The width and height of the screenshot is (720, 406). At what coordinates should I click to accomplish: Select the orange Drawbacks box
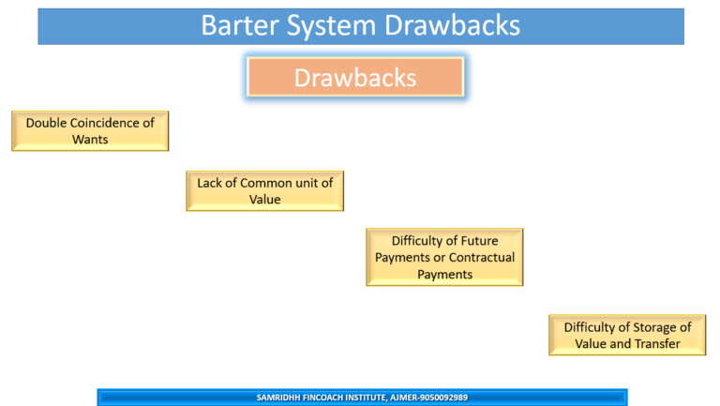355,77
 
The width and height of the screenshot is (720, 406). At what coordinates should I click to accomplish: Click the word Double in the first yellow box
46,123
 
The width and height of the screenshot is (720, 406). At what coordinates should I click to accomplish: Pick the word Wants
90,140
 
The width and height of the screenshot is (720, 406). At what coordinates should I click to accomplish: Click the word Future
478,241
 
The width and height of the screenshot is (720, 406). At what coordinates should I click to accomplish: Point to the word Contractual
482,258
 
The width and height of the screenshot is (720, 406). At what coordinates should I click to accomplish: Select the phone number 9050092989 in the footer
438,398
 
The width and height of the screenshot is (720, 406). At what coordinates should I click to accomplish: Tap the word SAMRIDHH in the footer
281,398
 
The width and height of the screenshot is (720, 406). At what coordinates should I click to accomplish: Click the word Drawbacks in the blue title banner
452,25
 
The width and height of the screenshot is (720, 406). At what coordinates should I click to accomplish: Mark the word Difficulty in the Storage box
593,327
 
